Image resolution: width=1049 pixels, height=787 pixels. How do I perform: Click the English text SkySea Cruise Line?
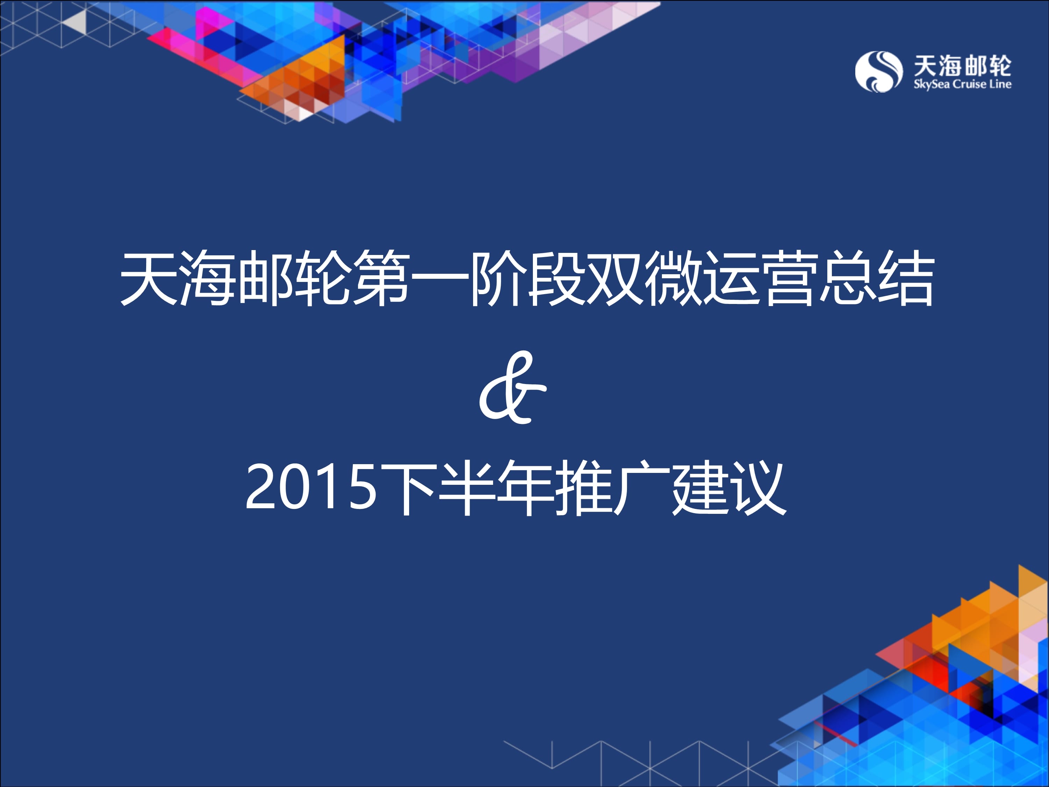[962, 84]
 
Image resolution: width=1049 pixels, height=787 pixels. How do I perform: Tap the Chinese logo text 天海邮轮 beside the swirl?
[962, 65]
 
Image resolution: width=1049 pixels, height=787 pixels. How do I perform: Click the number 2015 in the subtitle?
[311, 487]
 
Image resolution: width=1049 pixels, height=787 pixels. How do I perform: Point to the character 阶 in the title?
[498, 278]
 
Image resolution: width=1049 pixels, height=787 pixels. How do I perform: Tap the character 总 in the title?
[848, 278]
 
